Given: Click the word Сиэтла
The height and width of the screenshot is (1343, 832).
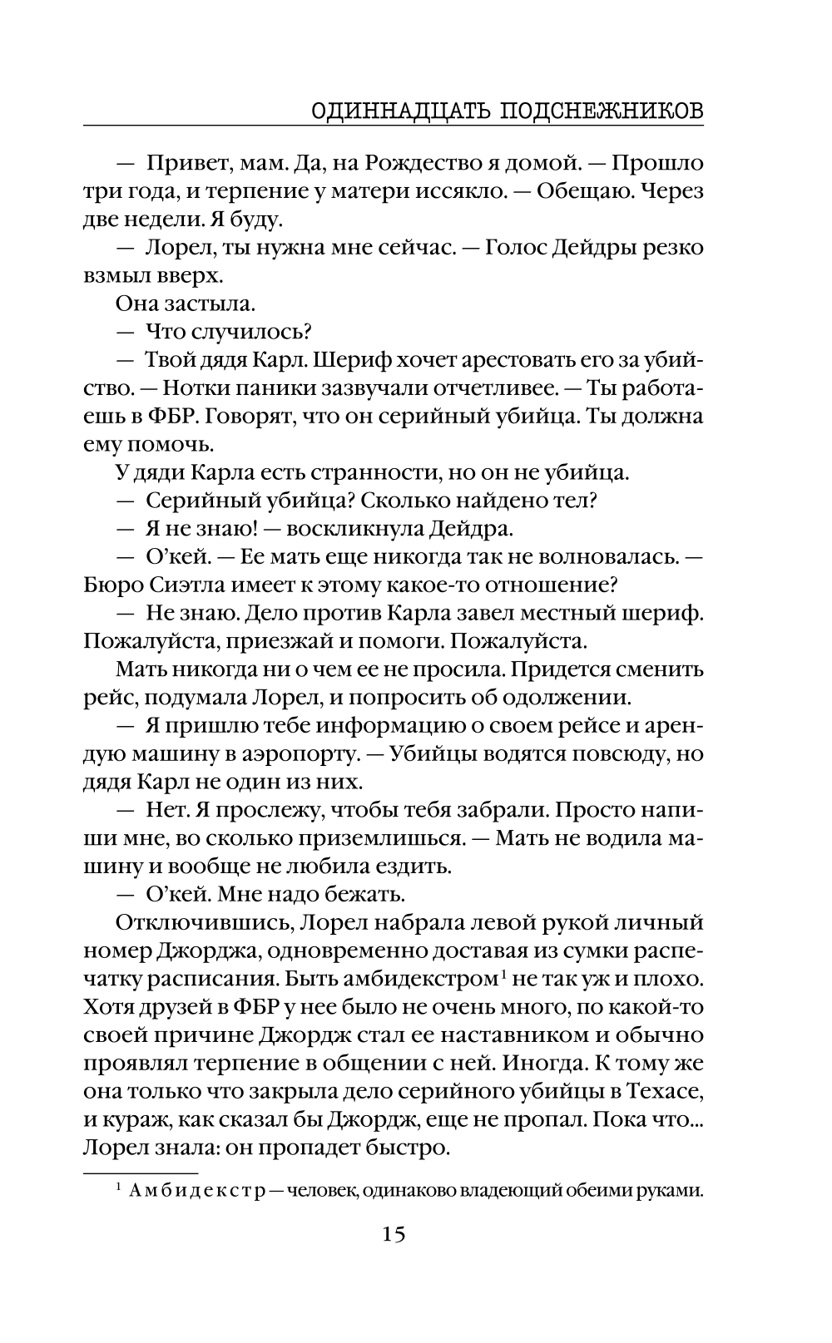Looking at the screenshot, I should point(174,585).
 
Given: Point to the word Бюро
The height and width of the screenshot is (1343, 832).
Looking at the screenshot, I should point(109,585).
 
